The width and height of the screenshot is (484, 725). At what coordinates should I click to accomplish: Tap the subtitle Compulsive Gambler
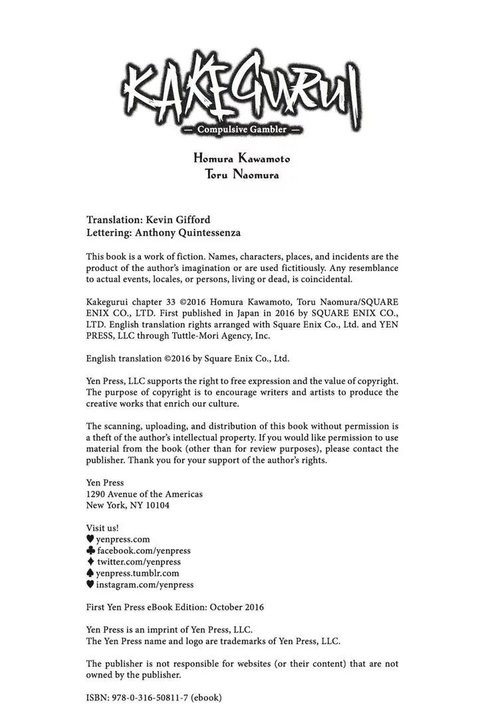tap(242, 130)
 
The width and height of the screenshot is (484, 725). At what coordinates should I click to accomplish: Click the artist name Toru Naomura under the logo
tap(242, 176)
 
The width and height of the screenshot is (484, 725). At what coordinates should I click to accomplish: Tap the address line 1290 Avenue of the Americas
tap(145, 494)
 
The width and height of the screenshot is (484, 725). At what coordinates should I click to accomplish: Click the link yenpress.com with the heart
tap(123, 539)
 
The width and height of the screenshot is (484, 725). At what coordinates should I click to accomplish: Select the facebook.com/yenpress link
tap(144, 551)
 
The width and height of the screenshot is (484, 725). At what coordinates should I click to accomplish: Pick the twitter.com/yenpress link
tap(138, 562)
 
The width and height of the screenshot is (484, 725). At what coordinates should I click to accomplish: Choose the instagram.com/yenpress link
tap(145, 585)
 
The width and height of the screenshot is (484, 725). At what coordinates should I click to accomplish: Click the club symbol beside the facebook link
tap(91, 551)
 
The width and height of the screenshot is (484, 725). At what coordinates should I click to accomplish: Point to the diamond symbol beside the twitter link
tap(90, 562)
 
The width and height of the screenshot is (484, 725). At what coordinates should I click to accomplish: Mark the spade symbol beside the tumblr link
tap(90, 573)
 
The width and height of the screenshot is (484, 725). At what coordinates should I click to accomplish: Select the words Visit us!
tap(103, 528)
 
